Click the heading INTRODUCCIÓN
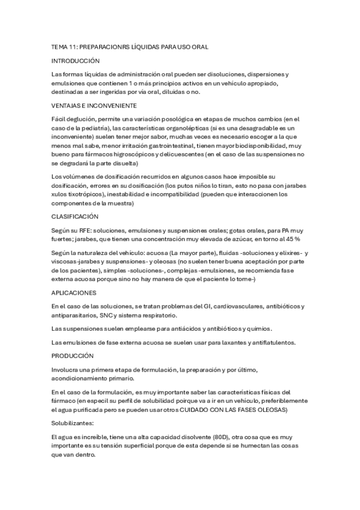pyautogui.click(x=76, y=61)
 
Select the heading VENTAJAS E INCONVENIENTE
pyautogui.click(x=90, y=105)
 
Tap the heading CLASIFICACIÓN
pyautogui.click(x=75, y=216)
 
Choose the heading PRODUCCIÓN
pyautogui.click(x=73, y=355)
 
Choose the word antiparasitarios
pyautogui.click(x=78, y=315)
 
